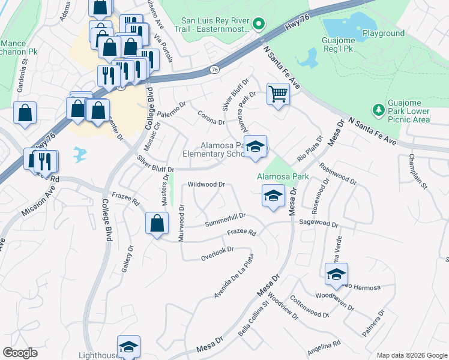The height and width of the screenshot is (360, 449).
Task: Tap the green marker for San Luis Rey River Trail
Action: pos(259,24)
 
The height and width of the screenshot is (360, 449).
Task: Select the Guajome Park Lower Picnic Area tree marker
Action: pos(378,110)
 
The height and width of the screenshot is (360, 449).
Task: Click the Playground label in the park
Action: pos(383,34)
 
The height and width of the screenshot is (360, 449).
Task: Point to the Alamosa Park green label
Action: pos(282,176)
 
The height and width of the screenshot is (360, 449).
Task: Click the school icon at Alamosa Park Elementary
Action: pos(256,148)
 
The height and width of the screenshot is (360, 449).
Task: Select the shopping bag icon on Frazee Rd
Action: pos(156,223)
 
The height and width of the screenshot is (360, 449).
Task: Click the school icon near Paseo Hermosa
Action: pos(336,274)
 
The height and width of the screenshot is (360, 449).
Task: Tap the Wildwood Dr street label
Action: pos(206,185)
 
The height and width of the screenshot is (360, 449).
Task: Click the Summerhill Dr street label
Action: pos(225,219)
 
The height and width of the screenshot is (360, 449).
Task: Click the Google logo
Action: pos(20,352)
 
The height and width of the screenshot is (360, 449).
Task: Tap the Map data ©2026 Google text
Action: pos(411,355)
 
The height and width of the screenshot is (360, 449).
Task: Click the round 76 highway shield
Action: pos(214,70)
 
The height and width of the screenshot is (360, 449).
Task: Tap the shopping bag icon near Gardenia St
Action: pos(25,113)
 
